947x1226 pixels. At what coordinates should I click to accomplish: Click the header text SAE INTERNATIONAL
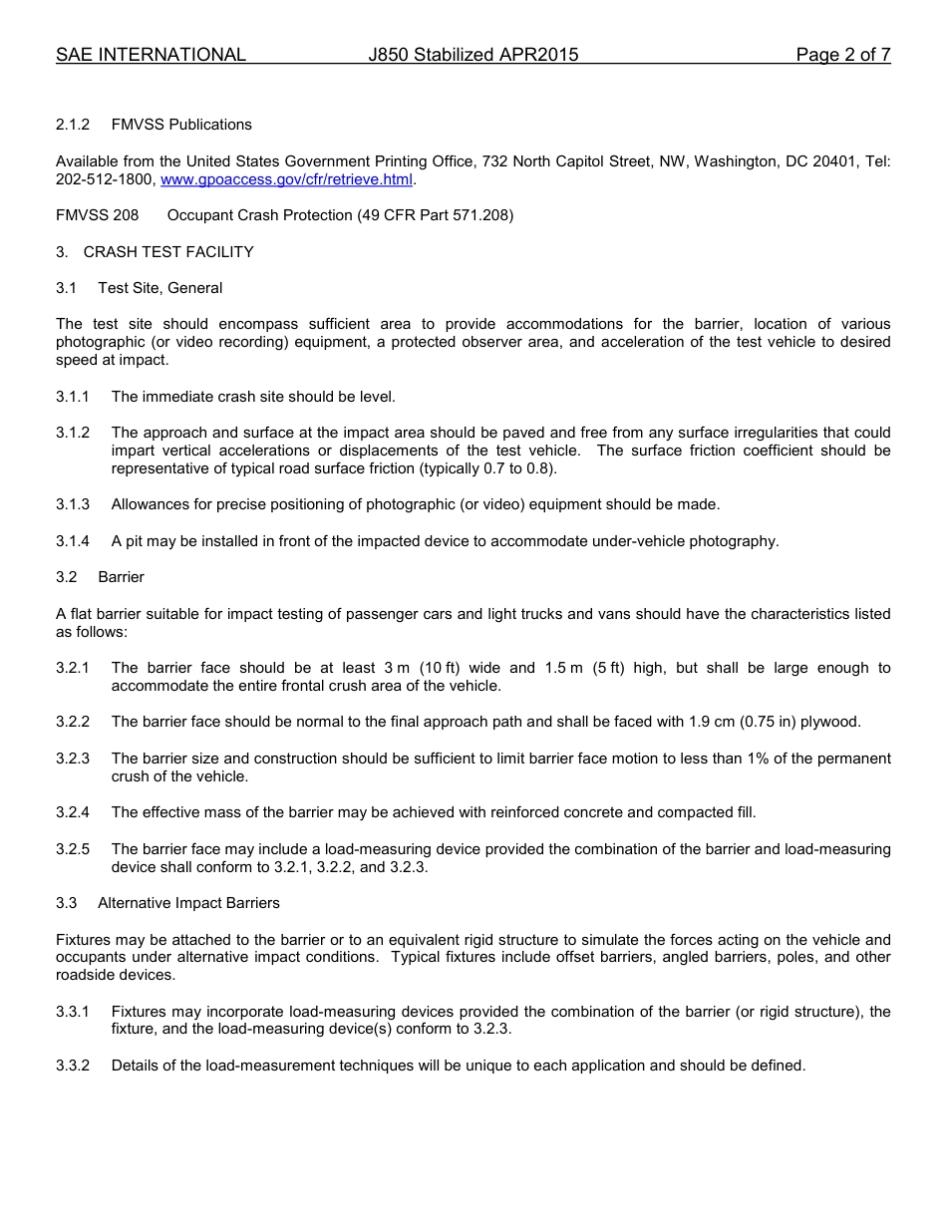(151, 55)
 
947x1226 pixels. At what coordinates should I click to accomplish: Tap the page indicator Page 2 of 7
(842, 55)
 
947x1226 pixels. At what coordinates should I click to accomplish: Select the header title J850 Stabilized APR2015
(473, 55)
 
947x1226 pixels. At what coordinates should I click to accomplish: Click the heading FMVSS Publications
(181, 125)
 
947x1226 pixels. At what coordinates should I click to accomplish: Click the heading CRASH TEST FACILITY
(167, 252)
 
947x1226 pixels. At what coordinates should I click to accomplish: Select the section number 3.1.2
(73, 433)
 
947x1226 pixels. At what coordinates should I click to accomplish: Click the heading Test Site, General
(159, 288)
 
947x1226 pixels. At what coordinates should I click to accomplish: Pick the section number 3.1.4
(73, 541)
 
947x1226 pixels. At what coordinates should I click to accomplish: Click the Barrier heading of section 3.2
(121, 577)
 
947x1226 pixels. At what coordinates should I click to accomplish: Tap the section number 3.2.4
(73, 812)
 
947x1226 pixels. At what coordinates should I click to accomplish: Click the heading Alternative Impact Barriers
(188, 903)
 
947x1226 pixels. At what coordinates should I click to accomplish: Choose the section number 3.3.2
(73, 1066)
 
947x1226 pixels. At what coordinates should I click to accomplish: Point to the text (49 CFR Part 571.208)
(435, 215)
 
